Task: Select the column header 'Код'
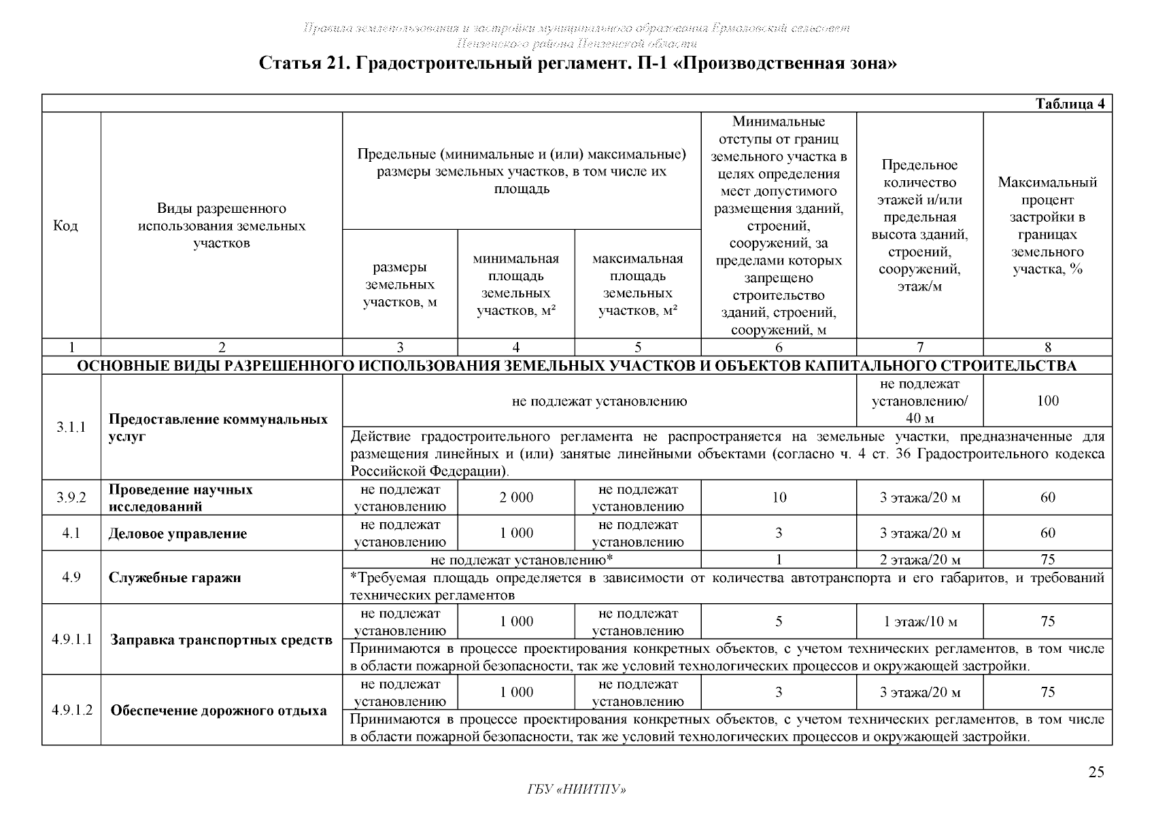tap(65, 226)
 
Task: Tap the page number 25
tap(1096, 772)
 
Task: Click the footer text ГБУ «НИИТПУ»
tap(577, 789)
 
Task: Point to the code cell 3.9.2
tap(71, 498)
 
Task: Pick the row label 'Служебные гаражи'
tap(175, 578)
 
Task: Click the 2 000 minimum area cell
tap(516, 498)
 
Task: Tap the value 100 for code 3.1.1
tap(1048, 401)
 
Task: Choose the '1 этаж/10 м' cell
tap(919, 622)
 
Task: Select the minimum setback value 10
tap(779, 498)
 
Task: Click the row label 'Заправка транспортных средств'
tap(221, 640)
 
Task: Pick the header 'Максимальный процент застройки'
tap(1047, 226)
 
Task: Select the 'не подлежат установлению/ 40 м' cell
tap(919, 401)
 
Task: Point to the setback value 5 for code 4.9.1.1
tap(779, 622)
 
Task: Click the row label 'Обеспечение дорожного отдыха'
tap(218, 711)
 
